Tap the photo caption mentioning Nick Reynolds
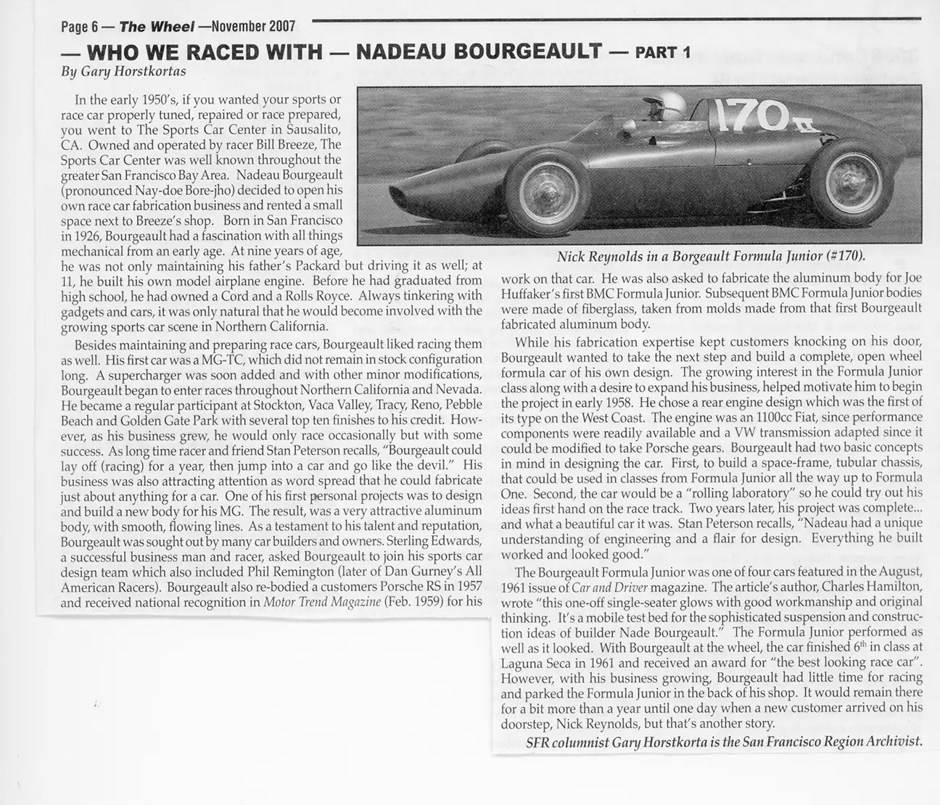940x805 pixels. click(x=712, y=256)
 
